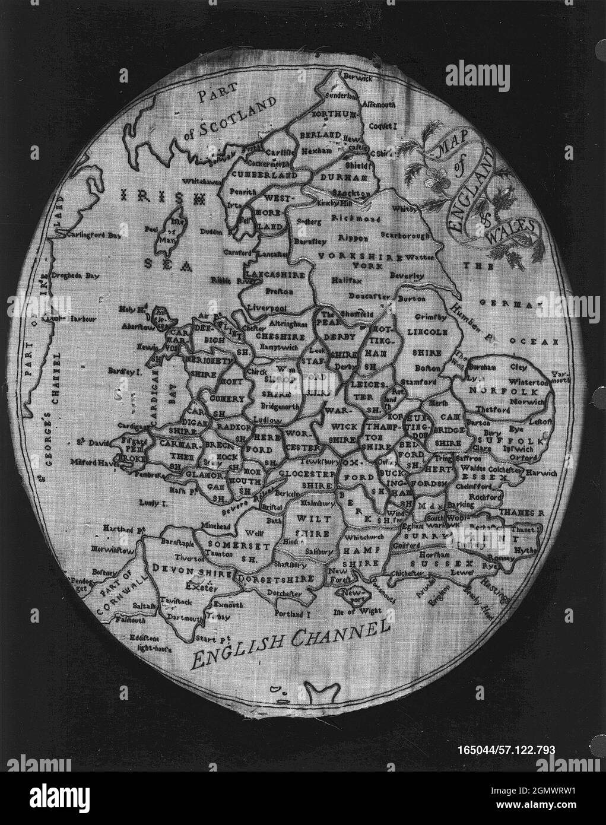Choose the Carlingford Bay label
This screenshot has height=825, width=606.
pyautogui.click(x=94, y=235)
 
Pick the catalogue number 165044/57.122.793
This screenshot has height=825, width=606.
pyautogui.click(x=506, y=751)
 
